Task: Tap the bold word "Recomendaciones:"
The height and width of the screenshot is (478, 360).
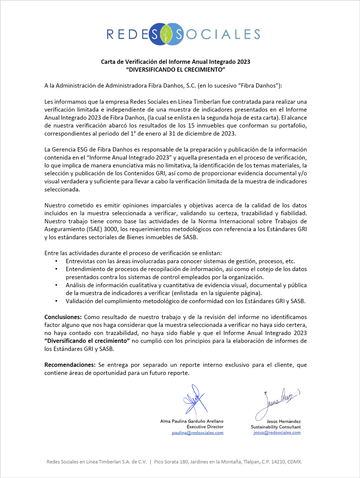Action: (70, 365)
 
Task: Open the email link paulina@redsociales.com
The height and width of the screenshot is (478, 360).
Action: (198, 433)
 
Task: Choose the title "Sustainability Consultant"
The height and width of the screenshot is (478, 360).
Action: (276, 427)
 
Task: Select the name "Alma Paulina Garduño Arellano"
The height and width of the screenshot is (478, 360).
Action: (192, 421)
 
